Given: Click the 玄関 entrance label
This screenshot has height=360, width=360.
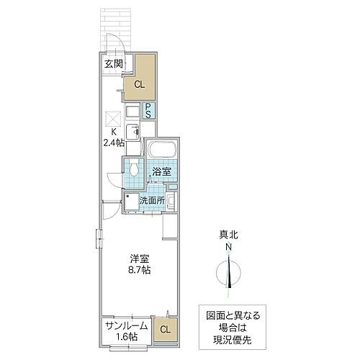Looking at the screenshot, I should click(112, 63).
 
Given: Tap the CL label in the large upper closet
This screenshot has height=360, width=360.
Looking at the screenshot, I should click(139, 84).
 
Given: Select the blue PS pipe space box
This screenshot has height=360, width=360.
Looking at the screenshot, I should click(148, 111).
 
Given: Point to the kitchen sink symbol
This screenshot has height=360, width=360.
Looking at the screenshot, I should click(133, 131).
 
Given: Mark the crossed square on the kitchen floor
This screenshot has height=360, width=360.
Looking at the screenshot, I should click(112, 119).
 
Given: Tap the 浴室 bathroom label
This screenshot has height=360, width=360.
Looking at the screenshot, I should click(161, 172).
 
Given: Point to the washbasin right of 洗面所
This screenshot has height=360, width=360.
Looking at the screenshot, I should click(172, 202).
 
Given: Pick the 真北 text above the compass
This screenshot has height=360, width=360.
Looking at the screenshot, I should click(228, 235).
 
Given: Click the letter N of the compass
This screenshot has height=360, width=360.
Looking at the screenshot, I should click(228, 248).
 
